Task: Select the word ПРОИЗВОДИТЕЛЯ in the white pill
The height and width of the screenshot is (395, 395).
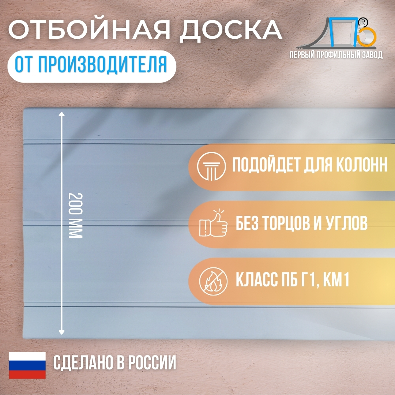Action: pyautogui.click(x=102, y=65)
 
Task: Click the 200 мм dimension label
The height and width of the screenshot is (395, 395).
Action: pyautogui.click(x=75, y=215)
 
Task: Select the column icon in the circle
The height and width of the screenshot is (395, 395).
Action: pyautogui.click(x=211, y=166)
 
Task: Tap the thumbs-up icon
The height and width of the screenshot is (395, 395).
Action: pyautogui.click(x=213, y=223)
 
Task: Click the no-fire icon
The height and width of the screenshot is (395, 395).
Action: pyautogui.click(x=213, y=281)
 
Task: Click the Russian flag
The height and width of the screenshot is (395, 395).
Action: pyautogui.click(x=27, y=365)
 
